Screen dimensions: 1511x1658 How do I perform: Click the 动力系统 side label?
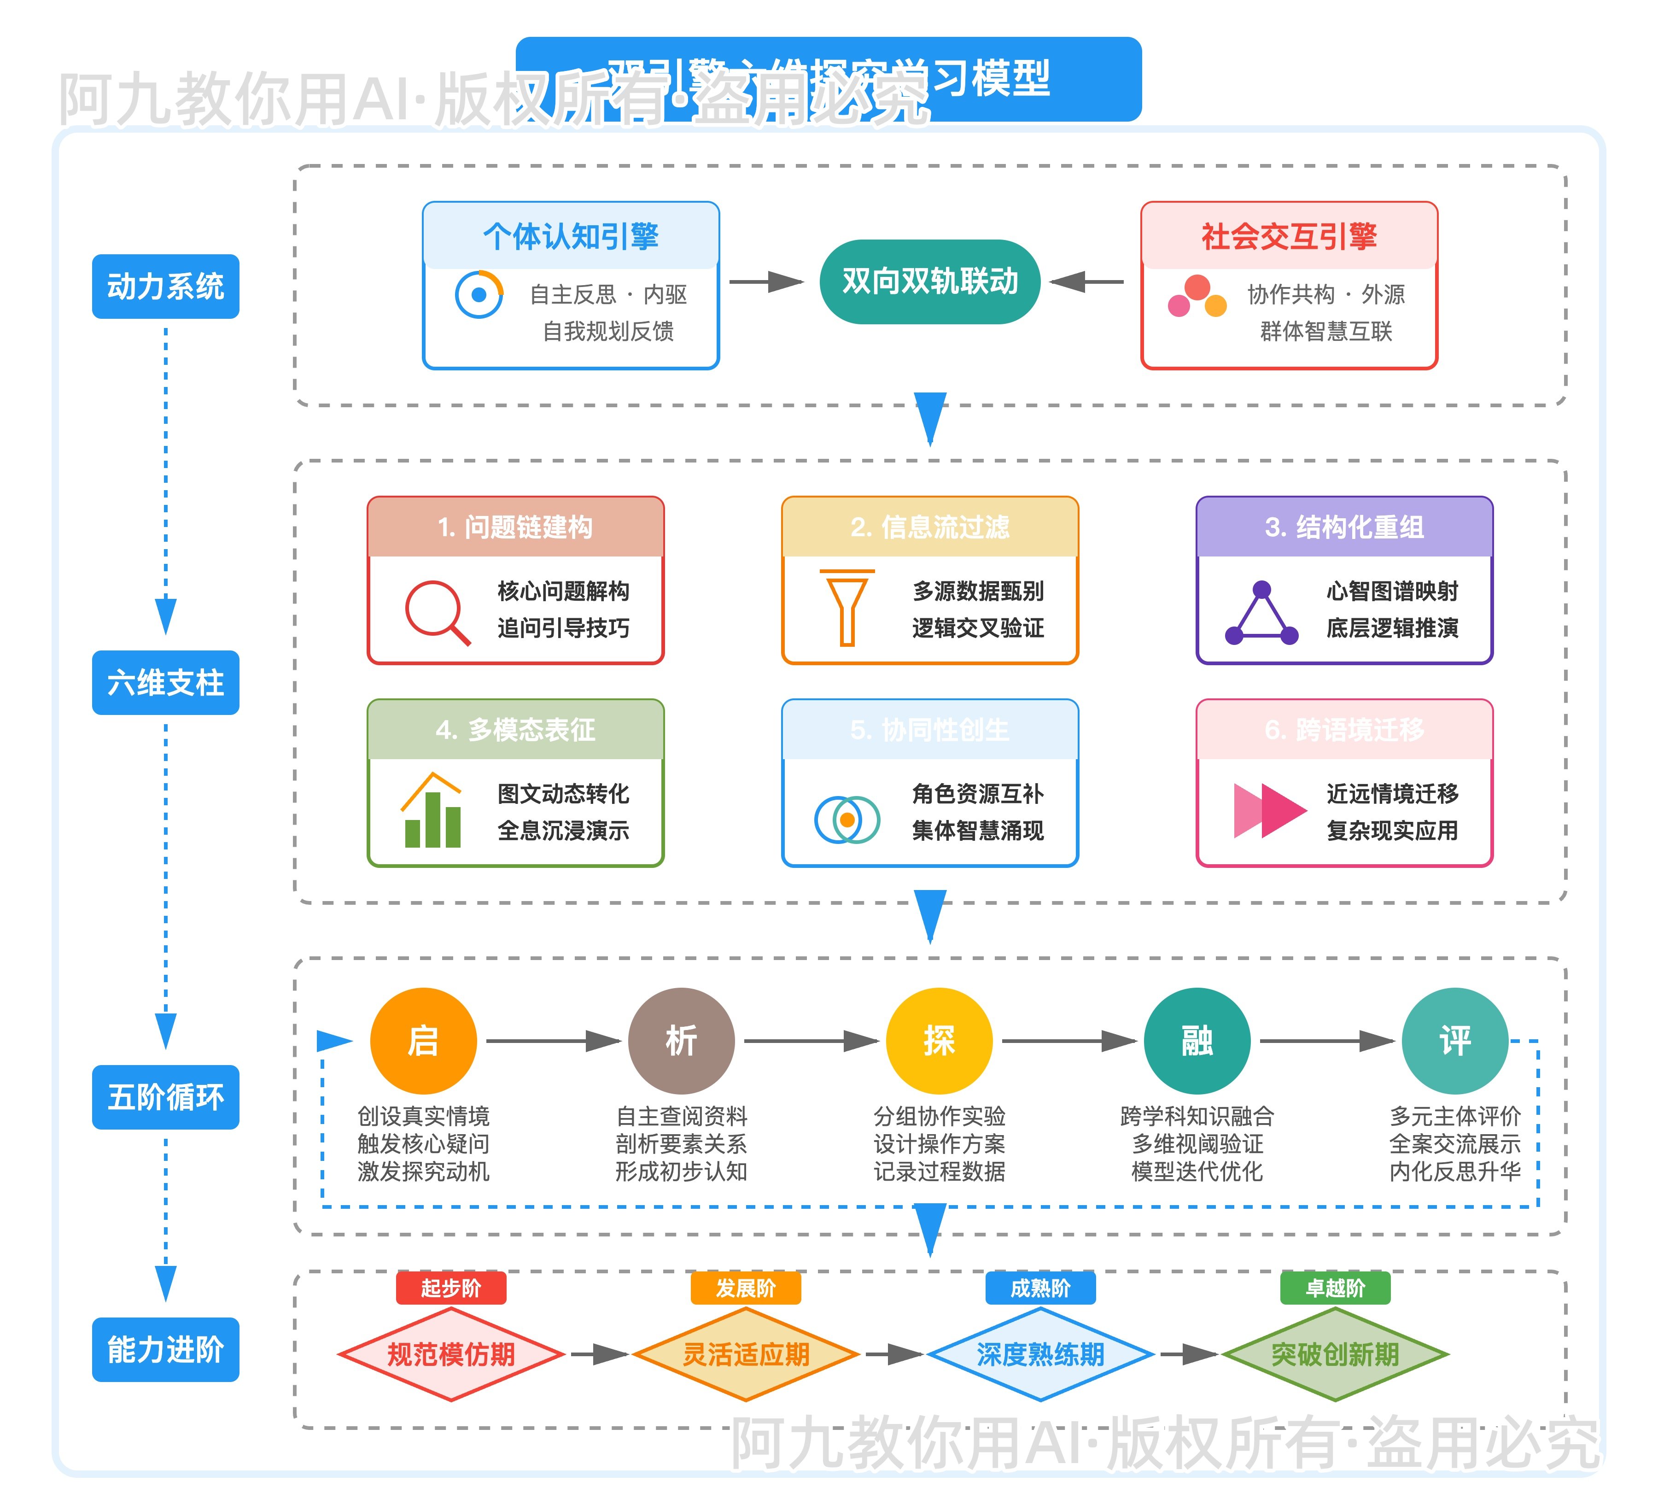click(x=165, y=286)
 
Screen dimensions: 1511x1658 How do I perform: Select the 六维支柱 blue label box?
click(x=165, y=683)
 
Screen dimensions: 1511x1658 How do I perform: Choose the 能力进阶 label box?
click(x=165, y=1349)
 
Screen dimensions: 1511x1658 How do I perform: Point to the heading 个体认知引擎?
click(x=571, y=236)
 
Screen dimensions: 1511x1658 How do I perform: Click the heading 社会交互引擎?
click(x=1289, y=236)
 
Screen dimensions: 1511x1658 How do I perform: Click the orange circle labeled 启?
click(x=424, y=1041)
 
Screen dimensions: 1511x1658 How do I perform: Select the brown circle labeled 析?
click(x=681, y=1041)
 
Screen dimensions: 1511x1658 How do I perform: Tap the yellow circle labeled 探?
click(x=939, y=1041)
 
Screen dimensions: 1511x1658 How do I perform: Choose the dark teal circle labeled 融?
click(x=1197, y=1041)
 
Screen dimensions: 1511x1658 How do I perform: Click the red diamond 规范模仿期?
click(x=451, y=1354)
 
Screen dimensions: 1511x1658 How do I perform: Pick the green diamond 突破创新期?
click(x=1335, y=1354)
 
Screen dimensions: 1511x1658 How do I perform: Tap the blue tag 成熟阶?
click(x=1040, y=1288)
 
